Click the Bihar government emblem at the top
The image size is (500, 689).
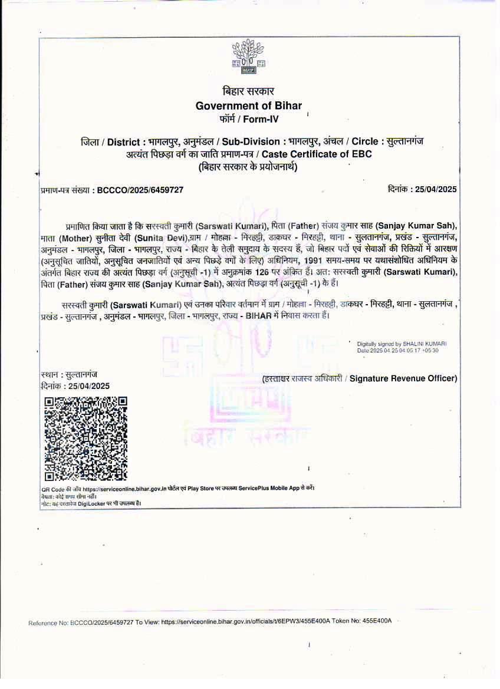point(248,57)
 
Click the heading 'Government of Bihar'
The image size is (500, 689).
point(248,106)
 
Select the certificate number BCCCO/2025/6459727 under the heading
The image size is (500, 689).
point(140,190)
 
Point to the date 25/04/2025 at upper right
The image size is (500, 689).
point(436,189)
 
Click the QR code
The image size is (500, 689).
point(86,439)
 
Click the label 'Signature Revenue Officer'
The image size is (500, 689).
point(403,378)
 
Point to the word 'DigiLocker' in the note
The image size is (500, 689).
point(92,503)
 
